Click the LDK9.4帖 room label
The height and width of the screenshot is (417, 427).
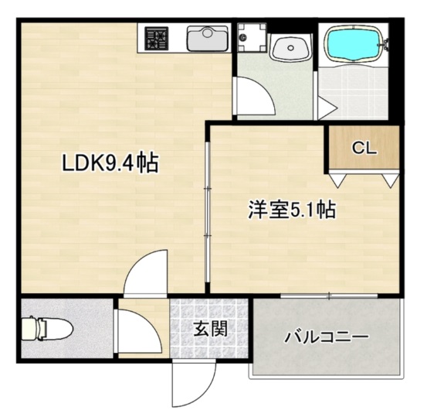(110, 163)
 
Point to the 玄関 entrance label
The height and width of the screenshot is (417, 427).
(209, 330)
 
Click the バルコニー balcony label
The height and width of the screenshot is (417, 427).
(327, 337)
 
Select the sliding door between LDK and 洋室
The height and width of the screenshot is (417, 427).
(206, 209)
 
